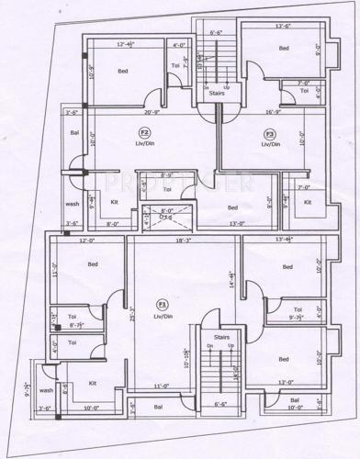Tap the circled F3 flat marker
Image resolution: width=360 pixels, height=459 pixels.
(x=270, y=134)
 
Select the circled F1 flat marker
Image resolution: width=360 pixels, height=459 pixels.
(x=163, y=304)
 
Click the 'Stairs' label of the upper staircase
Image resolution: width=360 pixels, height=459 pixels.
(x=217, y=93)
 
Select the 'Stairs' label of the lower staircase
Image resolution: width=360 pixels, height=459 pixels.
(x=220, y=338)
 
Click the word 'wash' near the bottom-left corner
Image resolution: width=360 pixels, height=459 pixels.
(x=46, y=389)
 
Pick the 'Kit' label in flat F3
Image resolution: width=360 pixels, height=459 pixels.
(x=308, y=202)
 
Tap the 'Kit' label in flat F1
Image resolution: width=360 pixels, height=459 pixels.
(x=93, y=383)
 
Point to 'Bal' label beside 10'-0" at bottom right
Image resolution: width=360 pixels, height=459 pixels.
(x=294, y=401)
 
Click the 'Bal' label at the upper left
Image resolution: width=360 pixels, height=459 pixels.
(x=74, y=133)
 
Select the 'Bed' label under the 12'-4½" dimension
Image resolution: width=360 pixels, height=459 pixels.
(x=121, y=70)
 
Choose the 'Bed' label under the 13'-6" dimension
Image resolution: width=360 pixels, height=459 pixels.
(x=284, y=48)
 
